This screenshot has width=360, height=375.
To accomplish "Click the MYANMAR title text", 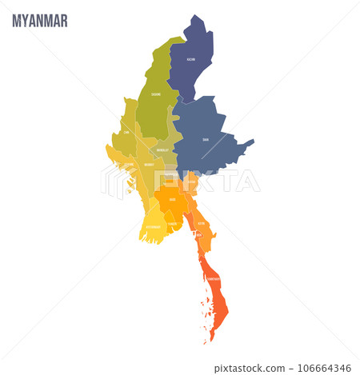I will [x=40, y=20].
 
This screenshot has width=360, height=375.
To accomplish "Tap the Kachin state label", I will [x=191, y=59].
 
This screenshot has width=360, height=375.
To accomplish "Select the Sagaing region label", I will [x=156, y=94].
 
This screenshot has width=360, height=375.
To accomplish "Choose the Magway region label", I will [x=149, y=165].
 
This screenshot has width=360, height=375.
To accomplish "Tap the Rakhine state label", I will [x=127, y=166].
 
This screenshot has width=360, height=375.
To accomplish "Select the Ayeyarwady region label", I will [x=153, y=226].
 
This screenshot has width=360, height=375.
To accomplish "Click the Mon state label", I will [x=202, y=223].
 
